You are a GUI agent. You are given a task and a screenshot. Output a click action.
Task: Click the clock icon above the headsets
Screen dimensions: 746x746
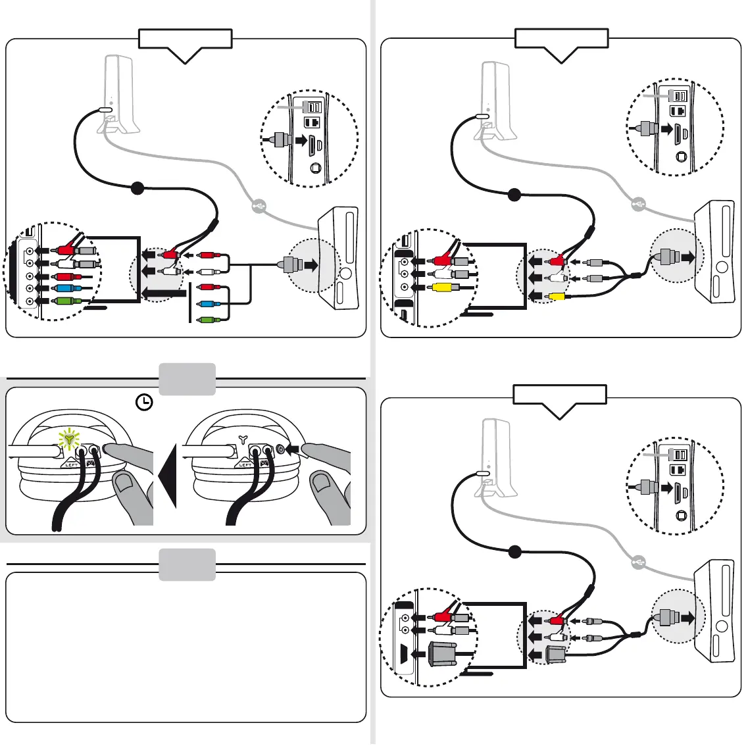[x=144, y=403]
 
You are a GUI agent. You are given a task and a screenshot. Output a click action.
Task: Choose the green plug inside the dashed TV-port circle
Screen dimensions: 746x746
[x=66, y=301]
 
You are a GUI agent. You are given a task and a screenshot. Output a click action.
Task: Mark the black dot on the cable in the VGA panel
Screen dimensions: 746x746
[x=515, y=552]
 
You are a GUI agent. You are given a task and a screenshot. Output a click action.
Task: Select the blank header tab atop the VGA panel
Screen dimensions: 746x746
[x=559, y=395]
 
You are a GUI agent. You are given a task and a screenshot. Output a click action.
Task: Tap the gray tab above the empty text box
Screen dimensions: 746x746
[x=187, y=564]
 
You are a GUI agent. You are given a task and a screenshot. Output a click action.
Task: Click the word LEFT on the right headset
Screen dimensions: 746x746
[x=245, y=464]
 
